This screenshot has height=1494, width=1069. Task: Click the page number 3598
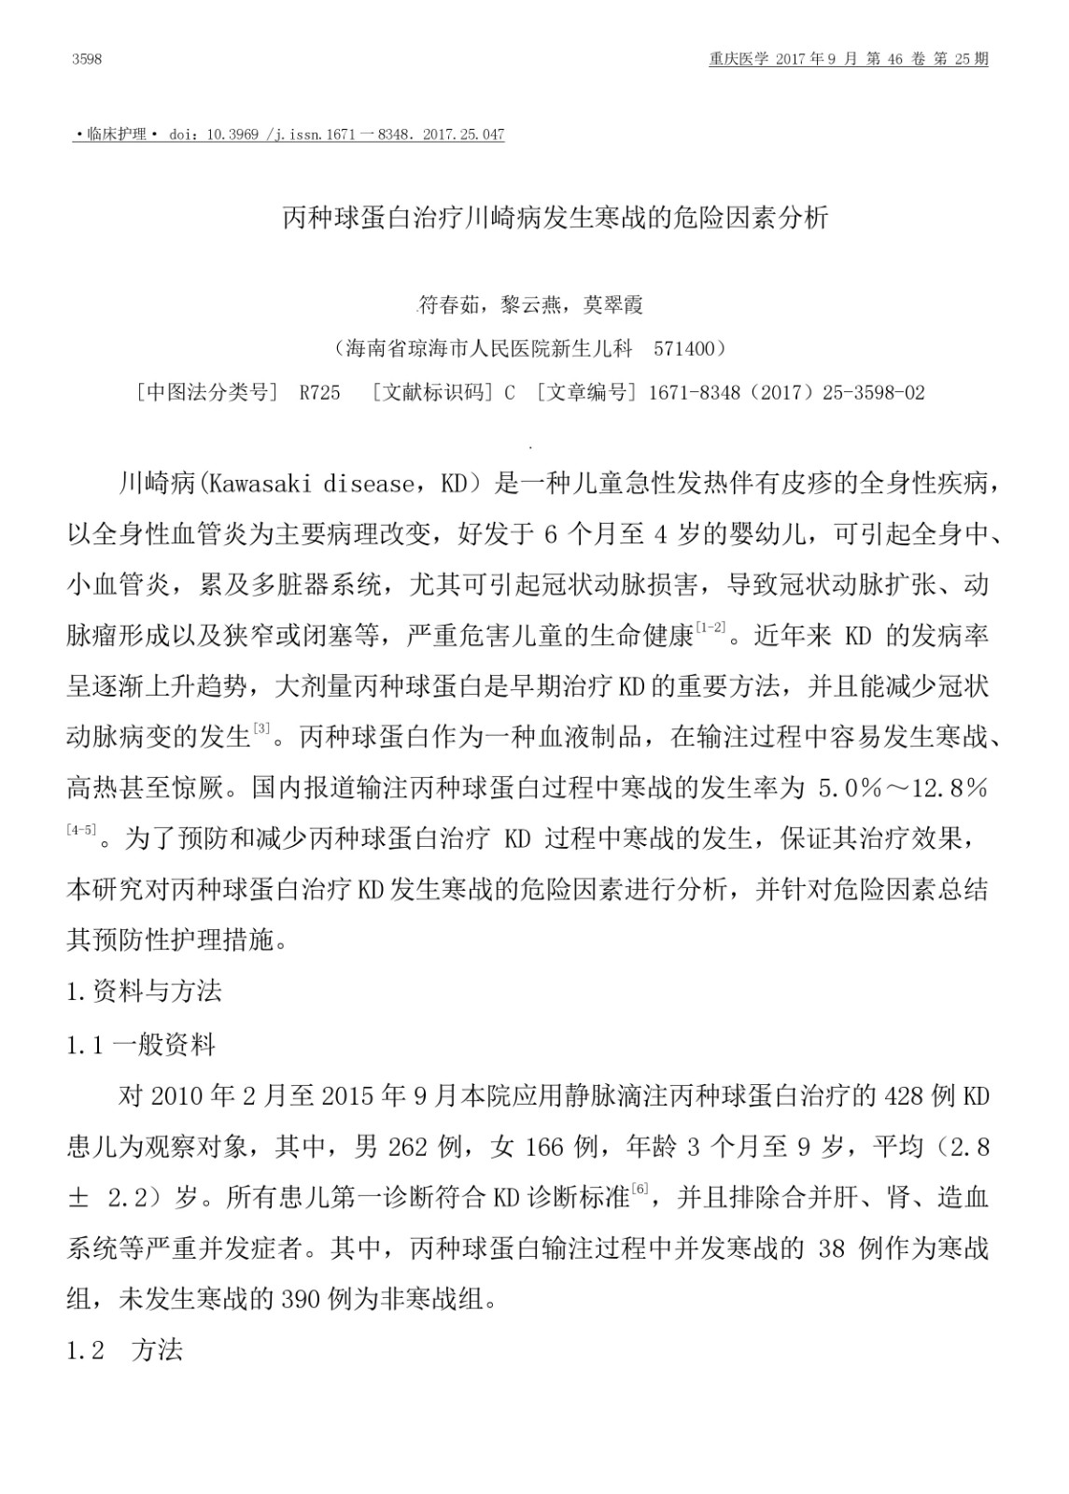click(x=86, y=60)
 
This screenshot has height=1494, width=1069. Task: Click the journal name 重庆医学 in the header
click(x=738, y=60)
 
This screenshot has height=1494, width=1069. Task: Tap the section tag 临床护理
click(x=116, y=134)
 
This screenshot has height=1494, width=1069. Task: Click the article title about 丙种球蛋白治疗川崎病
click(x=556, y=218)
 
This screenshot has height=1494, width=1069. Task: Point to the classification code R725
click(x=319, y=393)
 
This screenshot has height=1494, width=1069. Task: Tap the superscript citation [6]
click(x=640, y=1189)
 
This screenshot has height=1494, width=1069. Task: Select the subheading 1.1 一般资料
click(x=141, y=1045)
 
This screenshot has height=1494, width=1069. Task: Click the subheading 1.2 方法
click(x=125, y=1350)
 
